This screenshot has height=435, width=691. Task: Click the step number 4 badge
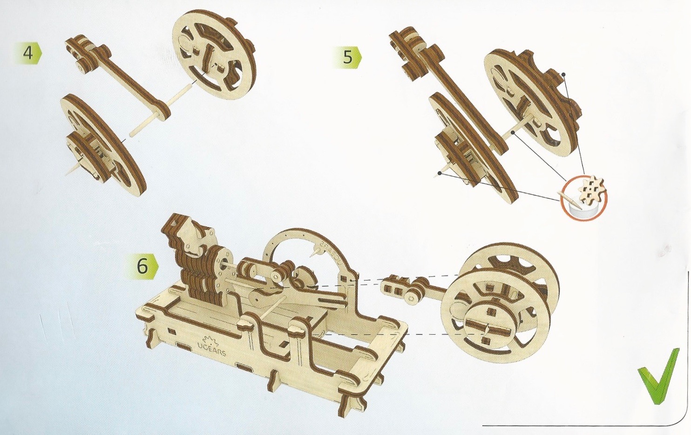coord(28,53)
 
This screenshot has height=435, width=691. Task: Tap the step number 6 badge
coord(142,266)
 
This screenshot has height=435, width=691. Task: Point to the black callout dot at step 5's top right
coord(563,74)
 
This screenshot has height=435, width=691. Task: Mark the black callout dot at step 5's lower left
coord(439,173)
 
